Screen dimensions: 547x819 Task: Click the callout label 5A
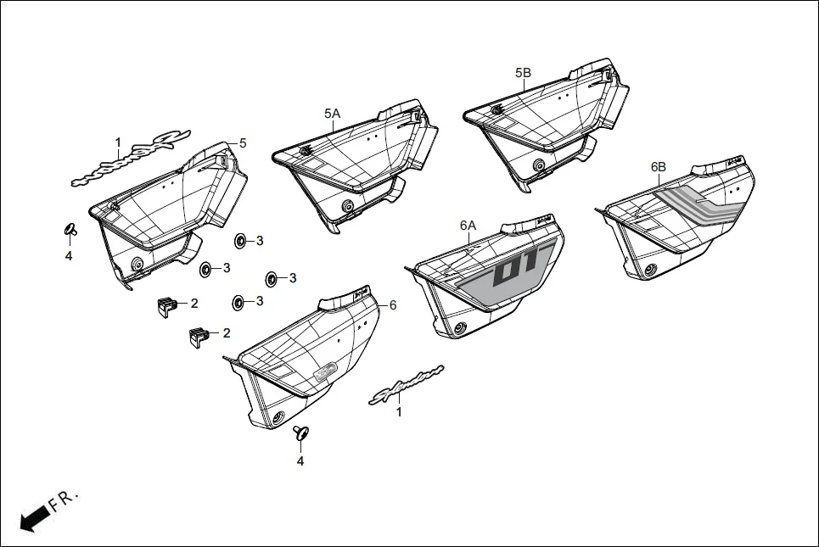[331, 113]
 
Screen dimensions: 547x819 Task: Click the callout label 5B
[523, 74]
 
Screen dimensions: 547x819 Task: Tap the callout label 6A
[468, 225]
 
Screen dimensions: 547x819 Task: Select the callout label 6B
[658, 167]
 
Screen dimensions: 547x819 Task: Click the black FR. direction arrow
[33, 517]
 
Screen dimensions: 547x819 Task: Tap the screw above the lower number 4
[300, 434]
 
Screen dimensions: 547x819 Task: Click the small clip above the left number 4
[70, 229]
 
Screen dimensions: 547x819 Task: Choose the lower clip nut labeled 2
[199, 336]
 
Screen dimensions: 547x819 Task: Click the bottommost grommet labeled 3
[238, 301]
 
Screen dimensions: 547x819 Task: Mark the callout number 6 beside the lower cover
[393, 304]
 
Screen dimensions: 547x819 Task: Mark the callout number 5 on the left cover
[243, 143]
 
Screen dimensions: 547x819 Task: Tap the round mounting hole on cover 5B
[538, 166]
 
